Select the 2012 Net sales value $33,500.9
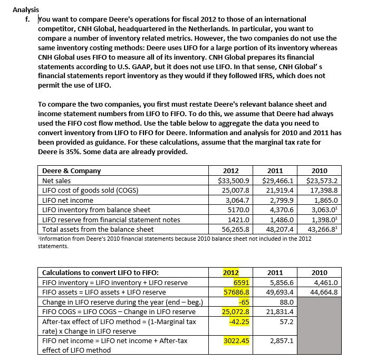point(234,181)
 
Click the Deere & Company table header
point(71,171)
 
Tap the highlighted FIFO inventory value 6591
point(241,283)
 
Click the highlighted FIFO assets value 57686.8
point(236,292)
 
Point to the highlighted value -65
point(244,302)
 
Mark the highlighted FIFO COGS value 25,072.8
point(235,312)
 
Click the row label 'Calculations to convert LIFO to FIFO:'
point(100,273)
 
